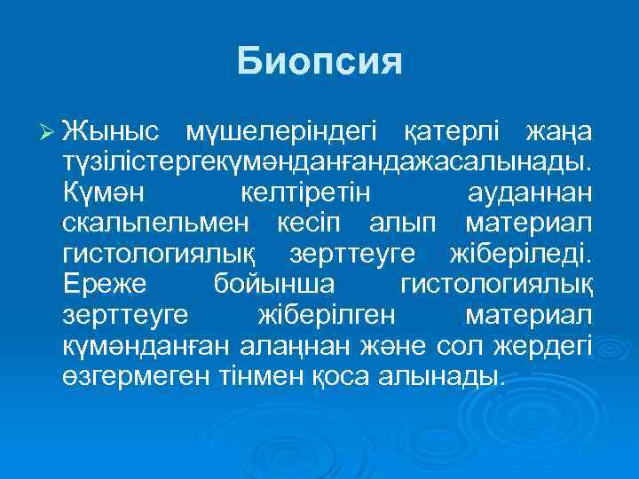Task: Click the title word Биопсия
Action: (x=319, y=62)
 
